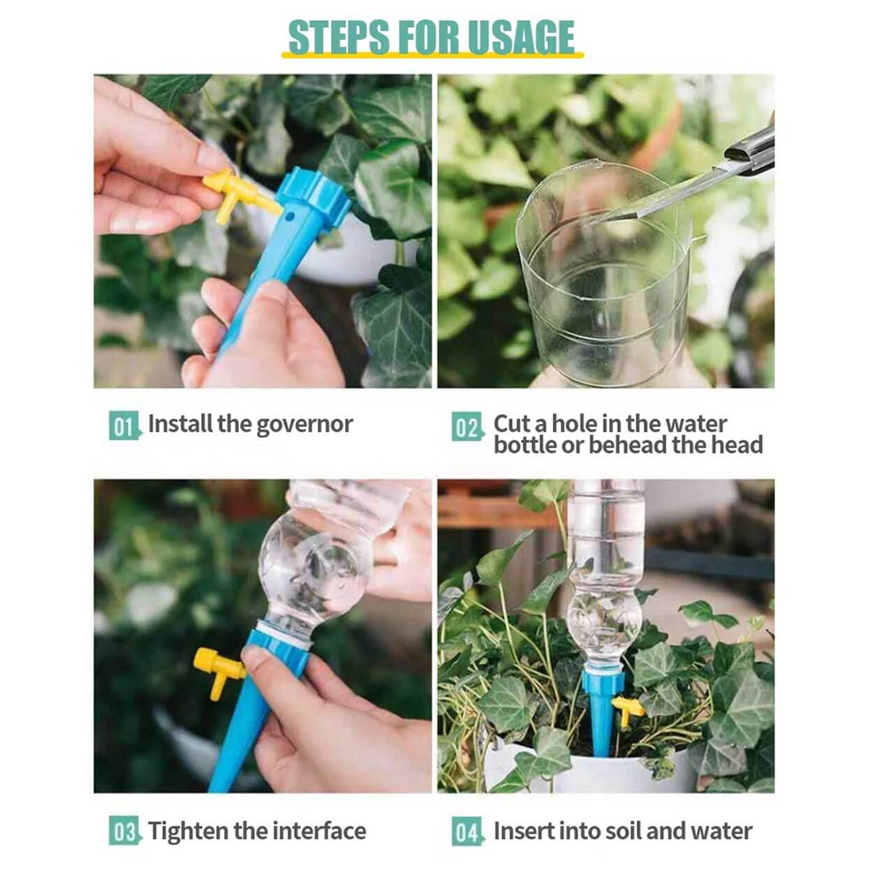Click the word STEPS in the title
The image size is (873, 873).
click(339, 37)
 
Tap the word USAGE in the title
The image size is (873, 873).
click(520, 37)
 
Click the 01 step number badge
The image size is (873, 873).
click(124, 425)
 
